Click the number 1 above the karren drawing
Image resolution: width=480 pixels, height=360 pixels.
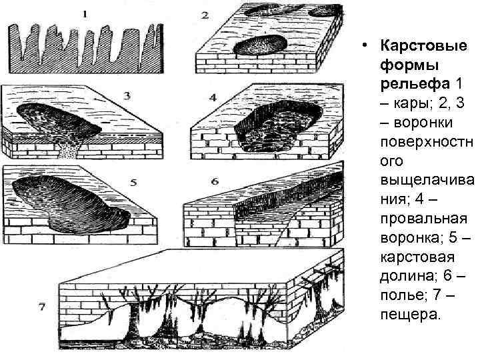point(85,12)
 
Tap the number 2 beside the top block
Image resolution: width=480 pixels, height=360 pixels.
point(205,15)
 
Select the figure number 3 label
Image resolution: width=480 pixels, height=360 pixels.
point(126,95)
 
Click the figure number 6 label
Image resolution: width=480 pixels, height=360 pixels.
point(214,181)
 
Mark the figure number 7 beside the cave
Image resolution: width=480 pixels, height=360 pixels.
point(42,307)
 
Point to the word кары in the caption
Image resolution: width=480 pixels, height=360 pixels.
point(409,103)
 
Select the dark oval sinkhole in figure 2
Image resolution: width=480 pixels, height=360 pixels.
point(263,43)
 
